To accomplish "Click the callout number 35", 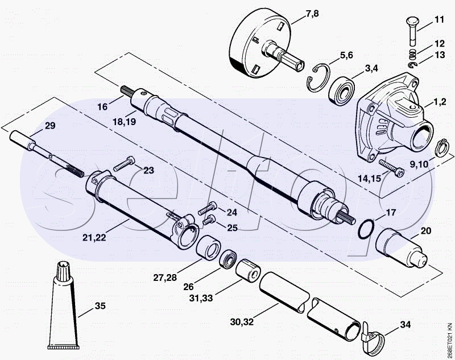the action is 100,306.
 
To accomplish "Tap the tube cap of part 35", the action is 64,271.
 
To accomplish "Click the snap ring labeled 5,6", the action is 318,78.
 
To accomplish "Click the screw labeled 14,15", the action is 391,168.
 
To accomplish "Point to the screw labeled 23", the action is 124,164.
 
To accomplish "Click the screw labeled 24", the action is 208,208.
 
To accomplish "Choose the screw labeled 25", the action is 209,220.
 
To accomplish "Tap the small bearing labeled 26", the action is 228,259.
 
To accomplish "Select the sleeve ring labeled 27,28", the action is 208,247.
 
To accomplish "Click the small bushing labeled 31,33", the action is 248,270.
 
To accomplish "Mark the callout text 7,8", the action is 312,13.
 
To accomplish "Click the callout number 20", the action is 425,231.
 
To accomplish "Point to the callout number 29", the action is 50,126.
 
